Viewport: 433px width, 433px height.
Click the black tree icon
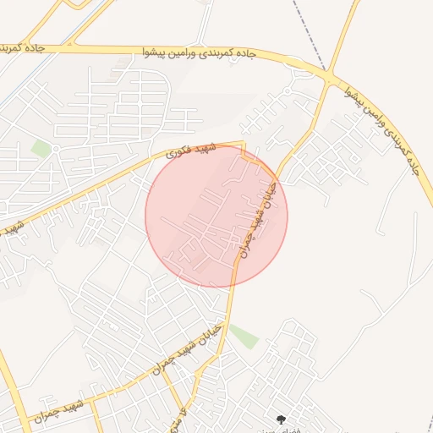[281, 419]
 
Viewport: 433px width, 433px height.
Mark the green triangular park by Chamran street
[244, 336]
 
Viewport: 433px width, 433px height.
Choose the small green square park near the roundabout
[41, 149]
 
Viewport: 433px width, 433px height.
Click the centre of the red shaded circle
[216, 216]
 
